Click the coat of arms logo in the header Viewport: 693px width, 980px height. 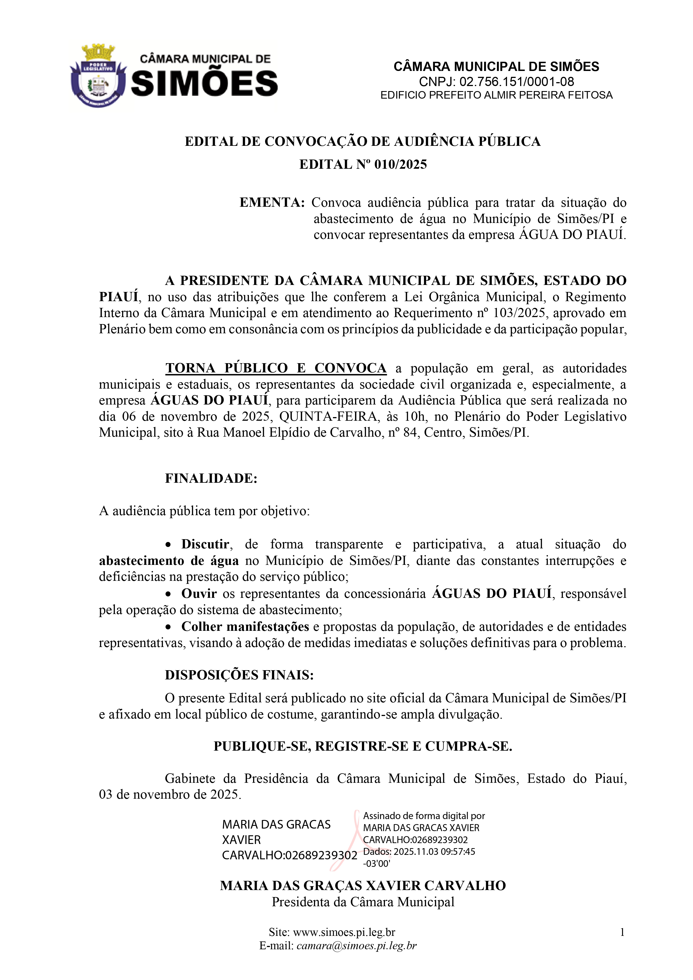point(98,75)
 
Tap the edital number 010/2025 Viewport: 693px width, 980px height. point(400,164)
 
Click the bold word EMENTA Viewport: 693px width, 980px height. point(272,202)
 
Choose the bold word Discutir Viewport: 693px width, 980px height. point(205,544)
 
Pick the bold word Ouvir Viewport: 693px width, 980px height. point(199,593)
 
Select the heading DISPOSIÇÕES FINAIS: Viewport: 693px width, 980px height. point(239,675)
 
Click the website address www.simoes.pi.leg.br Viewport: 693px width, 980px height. point(344,932)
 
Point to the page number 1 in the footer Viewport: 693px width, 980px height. point(622,932)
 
